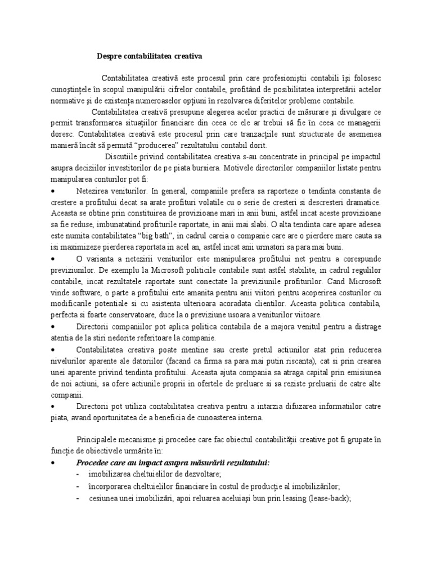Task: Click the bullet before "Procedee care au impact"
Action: [x=52, y=463]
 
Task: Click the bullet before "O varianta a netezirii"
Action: [x=52, y=259]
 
